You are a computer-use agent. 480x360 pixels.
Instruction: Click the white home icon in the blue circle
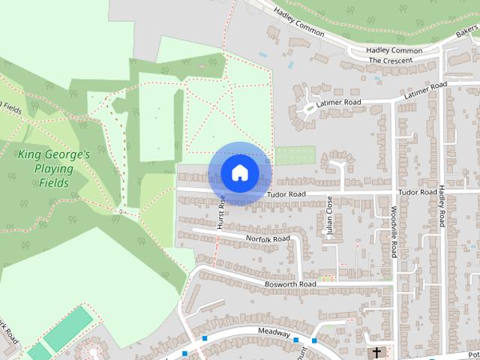tap(239, 173)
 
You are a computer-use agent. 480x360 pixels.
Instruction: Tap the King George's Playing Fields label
tap(53, 169)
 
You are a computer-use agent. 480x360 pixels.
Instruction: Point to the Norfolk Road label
tap(268, 238)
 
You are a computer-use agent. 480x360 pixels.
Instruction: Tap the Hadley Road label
tap(442, 208)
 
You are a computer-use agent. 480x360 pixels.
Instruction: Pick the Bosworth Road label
tap(290, 285)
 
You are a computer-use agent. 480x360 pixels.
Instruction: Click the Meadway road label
tap(273, 332)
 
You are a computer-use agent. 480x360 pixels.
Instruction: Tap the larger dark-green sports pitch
tap(67, 329)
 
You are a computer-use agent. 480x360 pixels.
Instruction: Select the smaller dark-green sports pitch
tap(37, 351)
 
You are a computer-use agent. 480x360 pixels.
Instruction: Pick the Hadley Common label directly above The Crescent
tap(394, 50)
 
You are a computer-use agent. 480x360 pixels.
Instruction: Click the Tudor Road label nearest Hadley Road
tap(418, 193)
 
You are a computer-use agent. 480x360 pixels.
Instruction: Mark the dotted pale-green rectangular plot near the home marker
tap(295, 155)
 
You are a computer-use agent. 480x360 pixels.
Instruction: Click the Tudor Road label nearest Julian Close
tap(286, 194)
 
